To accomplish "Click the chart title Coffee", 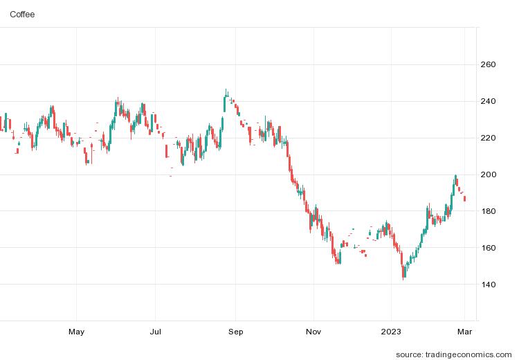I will (x=23, y=14).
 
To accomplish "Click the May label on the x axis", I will (x=76, y=332).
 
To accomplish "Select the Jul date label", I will (x=156, y=332).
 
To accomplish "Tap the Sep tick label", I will (x=236, y=332).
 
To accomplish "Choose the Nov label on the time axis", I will (x=314, y=332).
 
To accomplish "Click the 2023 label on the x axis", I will (x=392, y=332).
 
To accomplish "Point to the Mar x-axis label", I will (x=464, y=332).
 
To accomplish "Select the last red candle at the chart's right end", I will (x=465, y=199).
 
